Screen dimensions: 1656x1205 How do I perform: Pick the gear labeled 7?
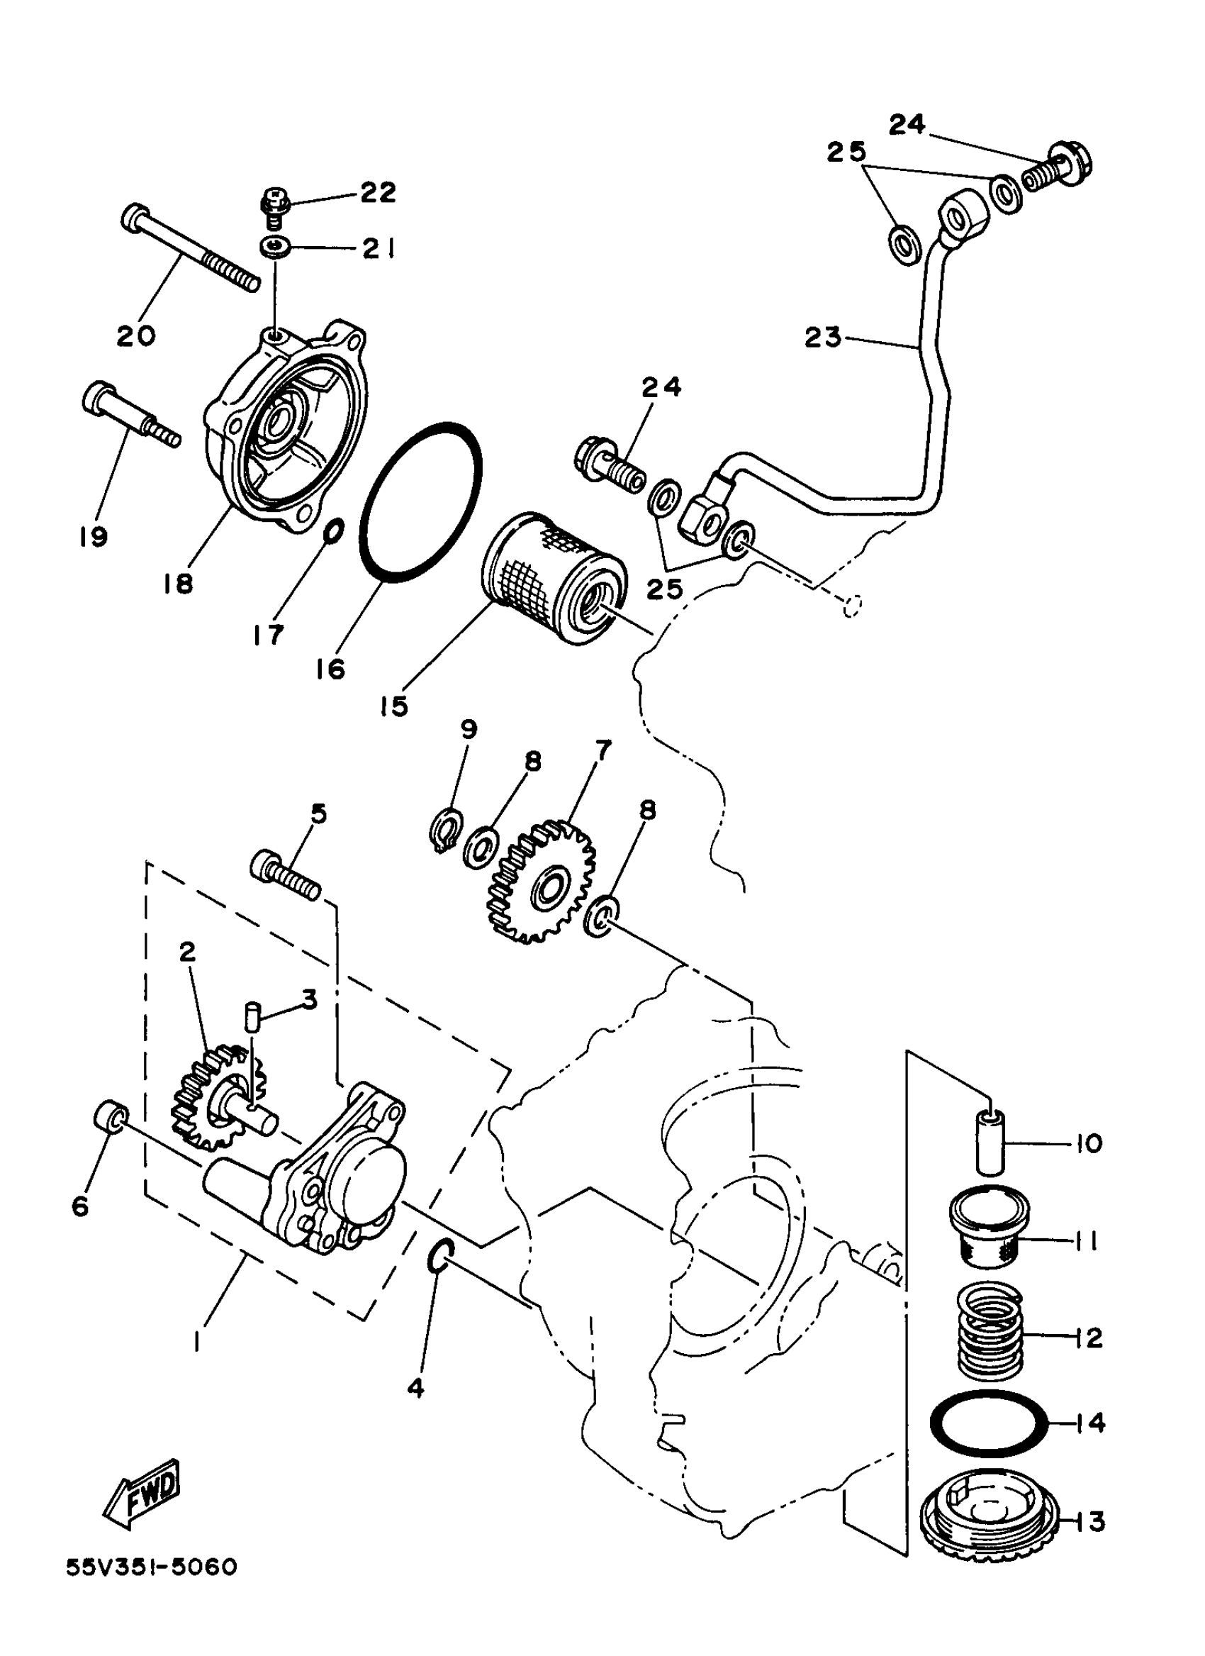coord(541,882)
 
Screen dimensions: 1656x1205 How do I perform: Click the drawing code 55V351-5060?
coord(152,1603)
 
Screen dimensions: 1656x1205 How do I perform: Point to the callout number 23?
coord(822,338)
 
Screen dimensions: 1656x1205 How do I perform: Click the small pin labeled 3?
coord(251,1016)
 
